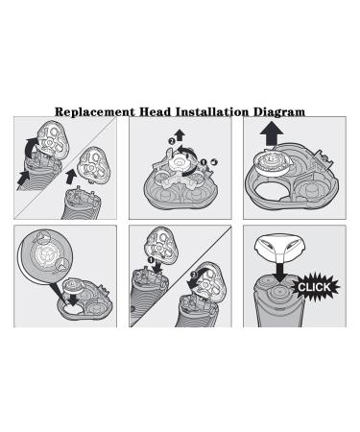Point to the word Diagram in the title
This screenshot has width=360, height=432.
point(278,112)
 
